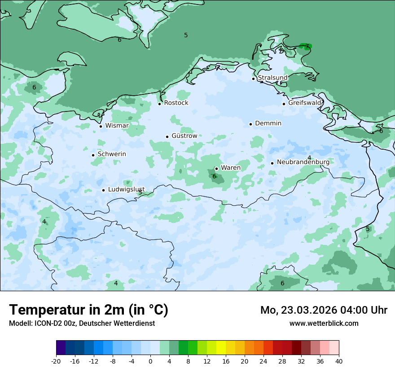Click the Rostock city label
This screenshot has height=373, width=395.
point(176,103)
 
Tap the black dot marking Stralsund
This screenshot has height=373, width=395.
point(253,79)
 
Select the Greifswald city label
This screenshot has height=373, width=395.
point(305,103)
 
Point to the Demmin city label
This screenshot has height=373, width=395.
point(268,124)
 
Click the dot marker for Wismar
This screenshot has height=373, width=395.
point(101,126)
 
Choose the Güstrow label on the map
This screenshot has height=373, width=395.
point(184,136)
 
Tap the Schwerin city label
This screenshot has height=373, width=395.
point(112,154)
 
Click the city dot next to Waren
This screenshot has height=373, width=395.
point(216,169)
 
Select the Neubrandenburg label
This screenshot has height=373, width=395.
point(303,162)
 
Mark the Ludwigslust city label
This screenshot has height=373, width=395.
point(126,190)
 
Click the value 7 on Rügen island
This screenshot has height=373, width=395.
point(307,46)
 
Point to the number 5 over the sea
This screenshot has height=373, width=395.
point(186,35)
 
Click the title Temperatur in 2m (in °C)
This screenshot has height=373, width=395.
point(88,310)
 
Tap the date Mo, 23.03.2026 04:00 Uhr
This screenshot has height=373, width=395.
point(324,310)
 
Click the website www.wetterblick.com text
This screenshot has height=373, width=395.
point(324,323)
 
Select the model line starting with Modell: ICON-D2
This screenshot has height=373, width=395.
point(82,323)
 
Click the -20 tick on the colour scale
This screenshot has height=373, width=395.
point(56,361)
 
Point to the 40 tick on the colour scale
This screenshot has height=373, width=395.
point(339,361)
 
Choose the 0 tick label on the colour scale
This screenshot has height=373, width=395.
point(150,361)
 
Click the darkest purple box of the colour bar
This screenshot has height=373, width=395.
point(61,348)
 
